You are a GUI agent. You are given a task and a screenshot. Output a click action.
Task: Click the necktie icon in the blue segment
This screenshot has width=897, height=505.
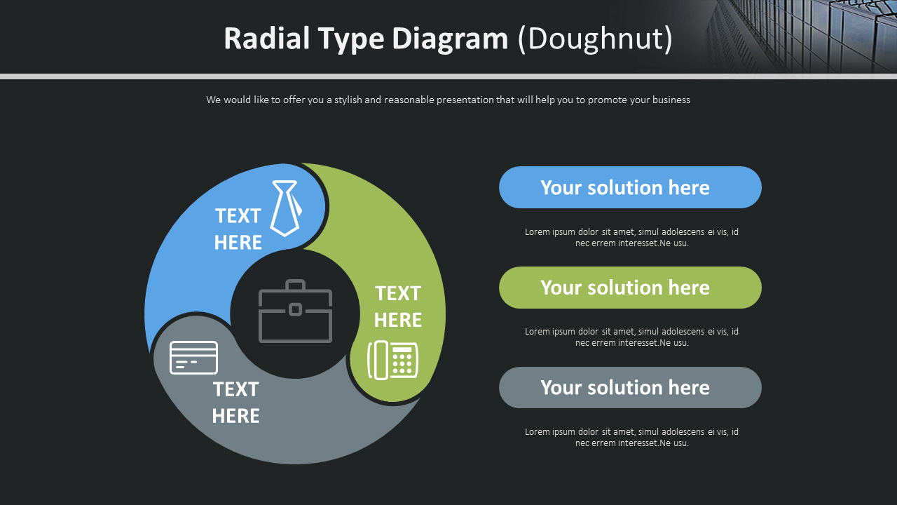pos(286,208)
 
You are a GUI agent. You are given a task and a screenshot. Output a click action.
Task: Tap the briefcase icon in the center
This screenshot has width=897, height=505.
pos(295,311)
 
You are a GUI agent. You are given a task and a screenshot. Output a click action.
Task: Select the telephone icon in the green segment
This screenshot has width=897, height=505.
pos(393,360)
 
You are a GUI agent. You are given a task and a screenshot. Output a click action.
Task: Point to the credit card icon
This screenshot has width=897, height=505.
pos(194,358)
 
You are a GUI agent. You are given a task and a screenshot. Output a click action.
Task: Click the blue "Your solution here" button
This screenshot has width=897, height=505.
pos(630,187)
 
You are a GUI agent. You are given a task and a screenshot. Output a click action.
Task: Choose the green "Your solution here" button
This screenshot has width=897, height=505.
pos(630,288)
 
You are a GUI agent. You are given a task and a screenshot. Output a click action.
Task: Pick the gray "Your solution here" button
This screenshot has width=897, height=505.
pos(630,387)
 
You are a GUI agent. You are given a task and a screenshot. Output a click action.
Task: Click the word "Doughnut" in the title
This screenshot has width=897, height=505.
pos(595,39)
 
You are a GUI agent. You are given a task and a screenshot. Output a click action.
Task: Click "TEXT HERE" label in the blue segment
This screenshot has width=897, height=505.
pos(238,229)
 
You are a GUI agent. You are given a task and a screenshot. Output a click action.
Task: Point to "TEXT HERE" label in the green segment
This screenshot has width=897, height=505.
pos(397,307)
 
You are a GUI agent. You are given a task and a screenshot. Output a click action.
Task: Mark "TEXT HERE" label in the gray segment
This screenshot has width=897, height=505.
pos(235,403)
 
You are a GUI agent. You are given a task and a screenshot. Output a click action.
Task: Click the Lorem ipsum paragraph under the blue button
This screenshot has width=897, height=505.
pos(631,238)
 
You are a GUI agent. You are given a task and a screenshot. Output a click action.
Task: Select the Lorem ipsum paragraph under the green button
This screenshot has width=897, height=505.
pos(631,337)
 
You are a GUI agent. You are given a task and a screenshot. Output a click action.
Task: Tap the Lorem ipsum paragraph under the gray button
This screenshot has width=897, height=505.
pos(631,438)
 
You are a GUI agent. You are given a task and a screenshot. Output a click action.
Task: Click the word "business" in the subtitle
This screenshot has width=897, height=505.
pos(671,100)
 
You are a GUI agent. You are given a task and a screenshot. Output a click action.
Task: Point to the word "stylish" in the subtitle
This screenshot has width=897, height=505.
pos(348,100)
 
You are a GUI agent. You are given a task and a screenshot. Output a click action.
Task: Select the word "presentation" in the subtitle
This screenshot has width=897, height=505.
pos(465,100)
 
